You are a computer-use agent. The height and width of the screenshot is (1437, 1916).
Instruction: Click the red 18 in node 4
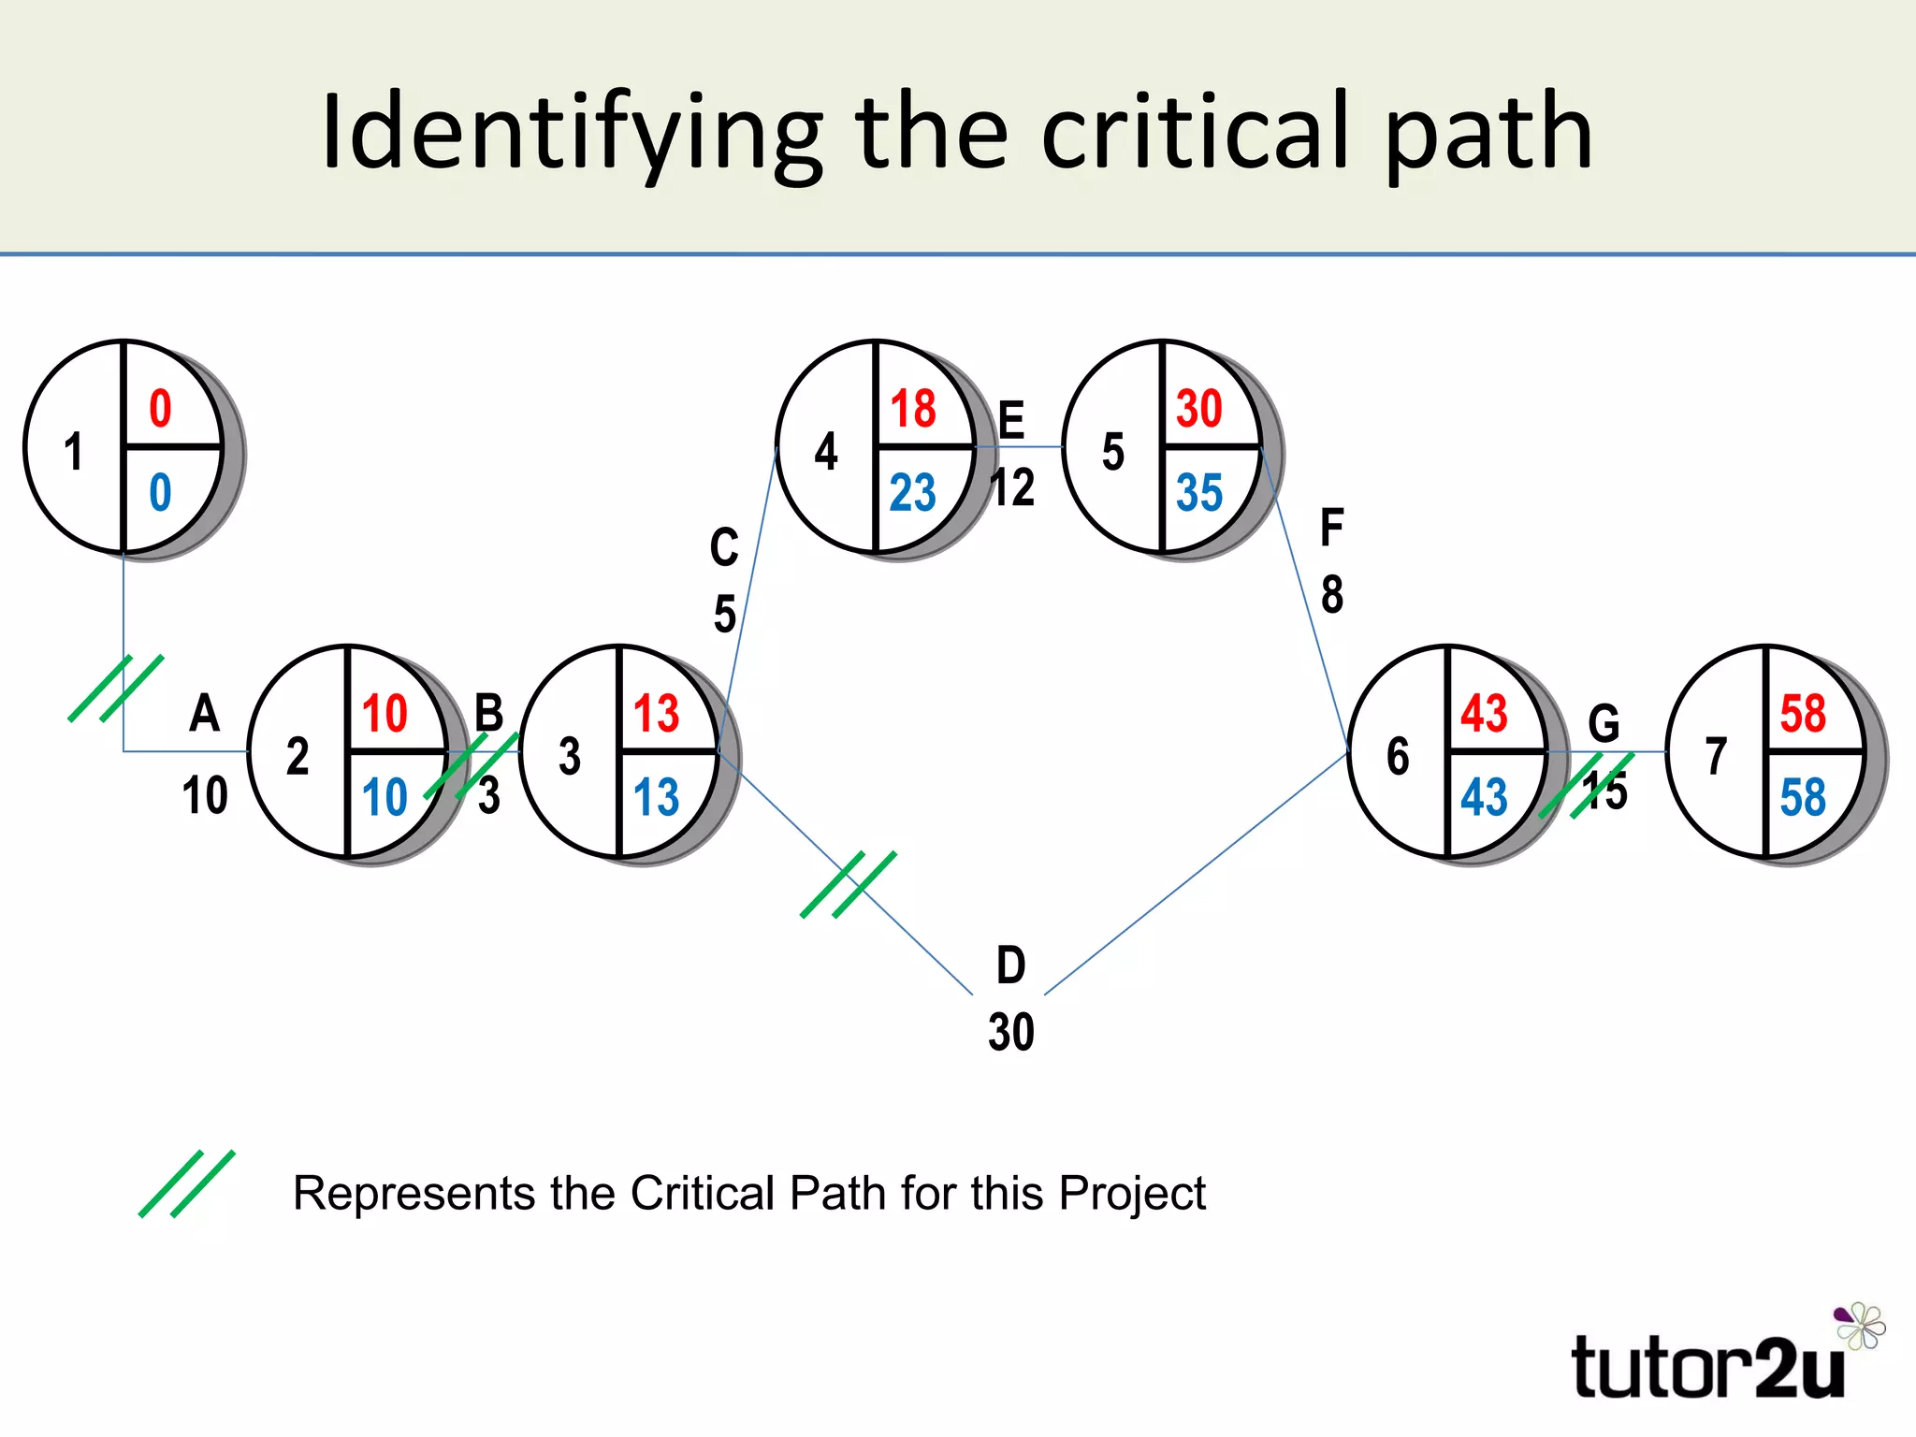pos(913,409)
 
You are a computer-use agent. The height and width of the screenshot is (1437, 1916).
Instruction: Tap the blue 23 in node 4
pos(912,492)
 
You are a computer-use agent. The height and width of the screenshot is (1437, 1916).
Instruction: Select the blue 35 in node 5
pos(1199,492)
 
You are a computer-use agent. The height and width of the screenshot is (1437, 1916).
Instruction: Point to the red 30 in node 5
pos(1199,409)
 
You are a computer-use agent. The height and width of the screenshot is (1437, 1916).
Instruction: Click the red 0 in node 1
pos(161,409)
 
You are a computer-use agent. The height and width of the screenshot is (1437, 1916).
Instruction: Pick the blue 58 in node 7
pos(1803,797)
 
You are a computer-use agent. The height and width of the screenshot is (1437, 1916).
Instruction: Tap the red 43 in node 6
pos(1485,714)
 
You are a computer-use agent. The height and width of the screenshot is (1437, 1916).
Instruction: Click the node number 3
pos(570,756)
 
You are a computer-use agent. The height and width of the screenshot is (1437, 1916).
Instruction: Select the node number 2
pos(298,756)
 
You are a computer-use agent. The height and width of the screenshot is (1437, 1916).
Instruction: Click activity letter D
pos(1011,965)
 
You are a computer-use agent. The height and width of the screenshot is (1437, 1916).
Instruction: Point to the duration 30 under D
pos(1011,1032)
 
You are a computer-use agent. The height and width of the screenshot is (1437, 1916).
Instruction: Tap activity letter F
pos(1332,528)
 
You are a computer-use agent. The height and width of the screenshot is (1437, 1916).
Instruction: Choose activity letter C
pos(724,547)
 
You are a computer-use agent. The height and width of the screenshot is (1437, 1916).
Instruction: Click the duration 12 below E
pos(1013,487)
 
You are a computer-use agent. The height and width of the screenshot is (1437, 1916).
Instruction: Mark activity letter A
pos(205,714)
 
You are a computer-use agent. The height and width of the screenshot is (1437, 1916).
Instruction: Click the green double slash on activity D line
pos(849,884)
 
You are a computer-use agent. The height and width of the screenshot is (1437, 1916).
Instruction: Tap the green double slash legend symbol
pos(187,1183)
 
